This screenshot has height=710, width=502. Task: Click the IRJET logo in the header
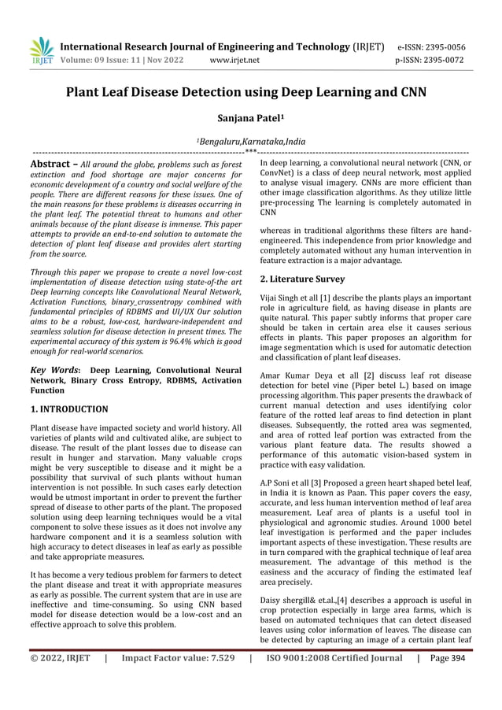(40, 50)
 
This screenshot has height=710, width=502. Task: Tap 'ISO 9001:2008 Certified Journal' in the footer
(339, 679)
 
